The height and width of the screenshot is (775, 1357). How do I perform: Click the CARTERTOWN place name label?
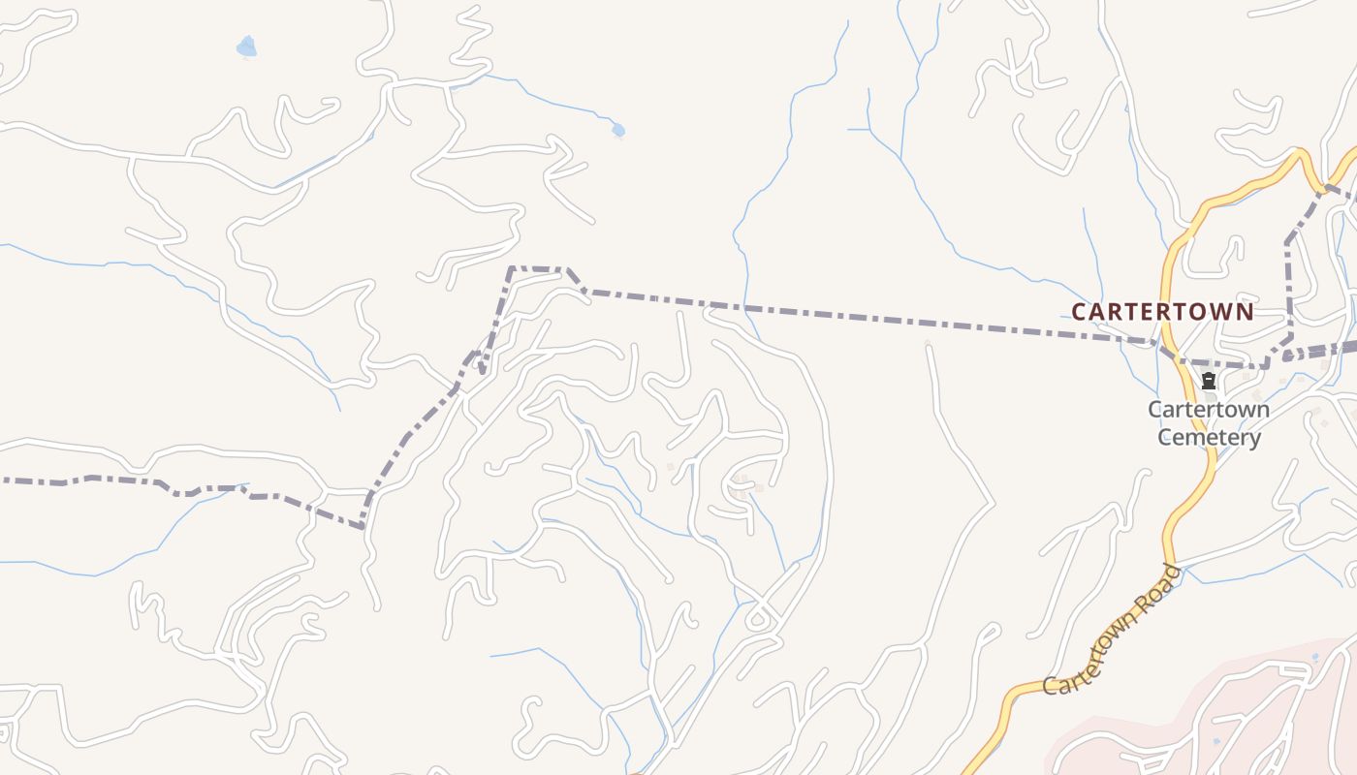click(1162, 312)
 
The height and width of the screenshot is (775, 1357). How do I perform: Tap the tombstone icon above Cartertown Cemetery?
click(1209, 382)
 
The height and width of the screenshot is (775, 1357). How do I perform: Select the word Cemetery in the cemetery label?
click(1210, 438)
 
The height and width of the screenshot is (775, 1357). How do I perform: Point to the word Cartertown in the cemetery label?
click(1209, 409)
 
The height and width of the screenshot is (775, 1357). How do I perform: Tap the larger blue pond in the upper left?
click(247, 46)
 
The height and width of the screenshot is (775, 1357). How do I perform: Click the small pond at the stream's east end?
click(617, 130)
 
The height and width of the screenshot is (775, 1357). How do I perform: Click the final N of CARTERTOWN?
click(1246, 312)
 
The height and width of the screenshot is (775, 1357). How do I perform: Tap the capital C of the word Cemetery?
click(1165, 438)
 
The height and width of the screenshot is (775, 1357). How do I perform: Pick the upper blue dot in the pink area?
click(1315, 657)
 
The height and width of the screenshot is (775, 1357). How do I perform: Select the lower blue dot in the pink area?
click(1215, 742)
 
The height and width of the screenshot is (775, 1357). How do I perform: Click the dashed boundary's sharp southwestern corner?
click(363, 526)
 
